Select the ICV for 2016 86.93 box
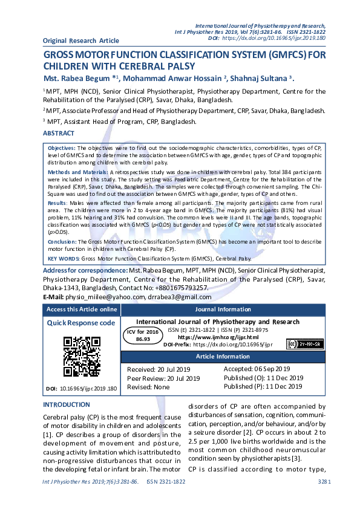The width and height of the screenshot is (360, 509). click(x=143, y=336)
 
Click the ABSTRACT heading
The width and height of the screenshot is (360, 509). click(x=59, y=133)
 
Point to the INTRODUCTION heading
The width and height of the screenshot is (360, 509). click(x=67, y=404)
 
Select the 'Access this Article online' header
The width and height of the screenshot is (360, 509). click(x=81, y=309)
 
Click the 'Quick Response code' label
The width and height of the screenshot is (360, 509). click(x=81, y=323)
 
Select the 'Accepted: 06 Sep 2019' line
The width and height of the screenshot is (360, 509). click(x=257, y=369)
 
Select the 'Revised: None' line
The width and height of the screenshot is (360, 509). click(x=148, y=387)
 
